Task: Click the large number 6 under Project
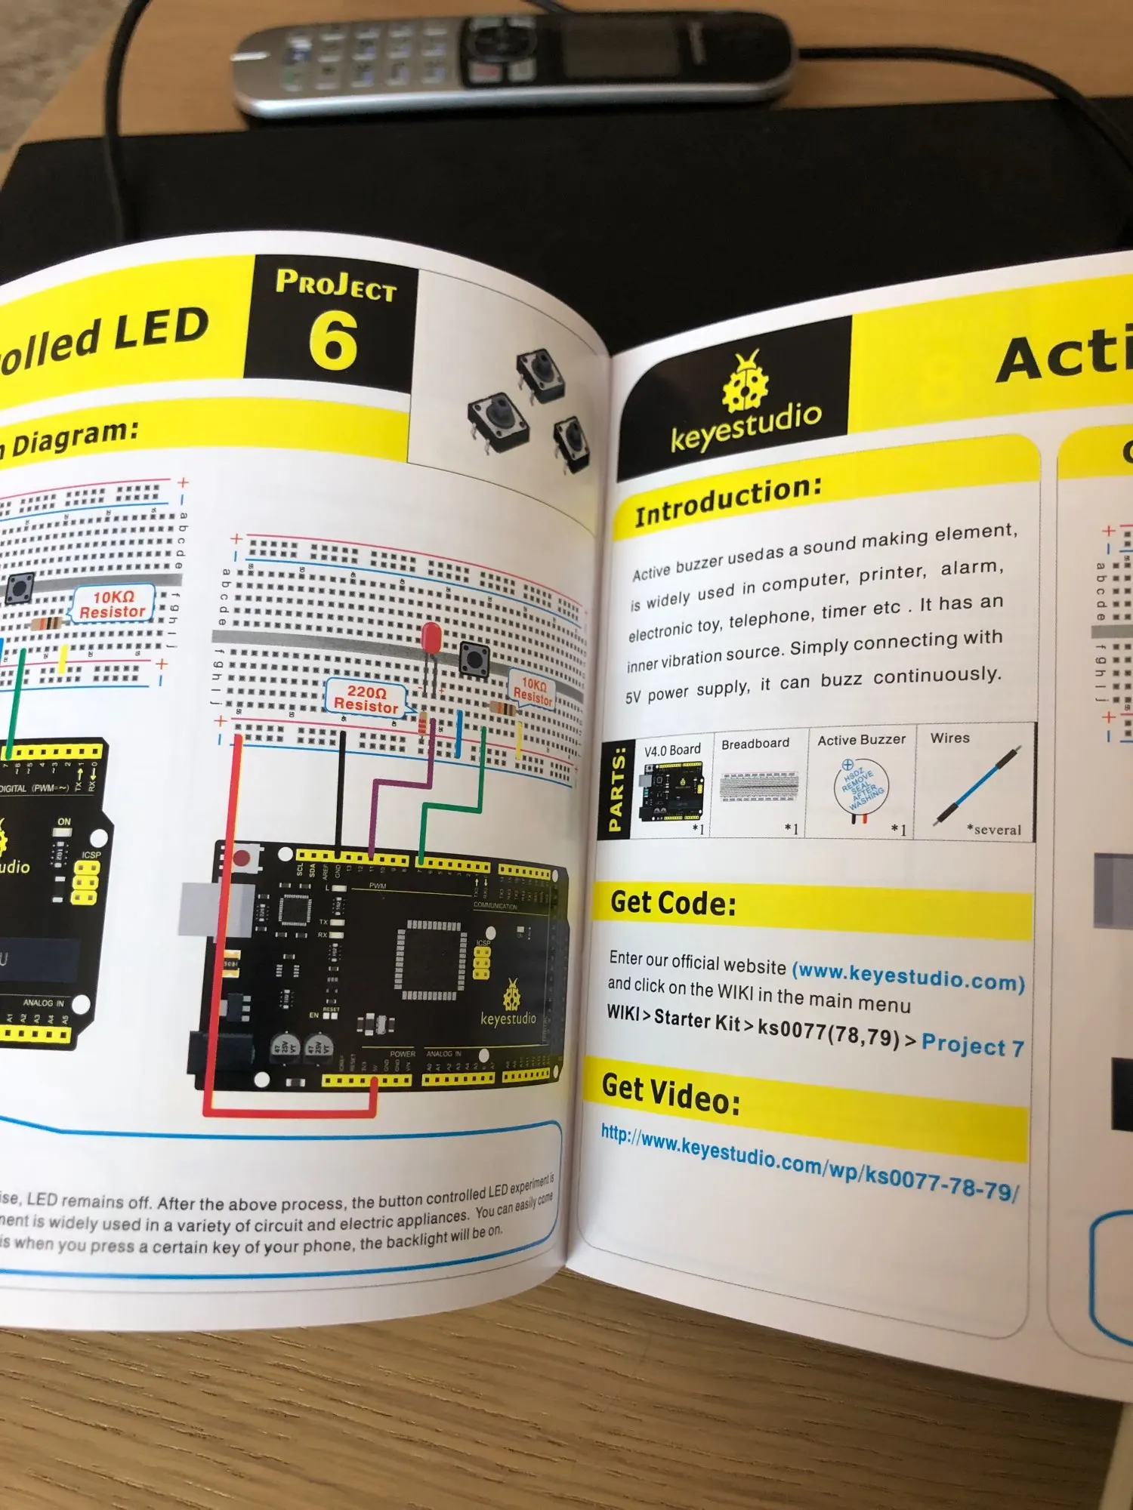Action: point(333,341)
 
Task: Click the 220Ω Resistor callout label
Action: point(366,699)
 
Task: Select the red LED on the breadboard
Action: point(431,638)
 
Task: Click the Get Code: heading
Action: point(673,903)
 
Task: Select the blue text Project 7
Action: point(973,1046)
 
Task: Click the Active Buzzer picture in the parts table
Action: point(861,789)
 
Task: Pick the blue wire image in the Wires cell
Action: point(978,785)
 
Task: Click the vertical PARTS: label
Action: point(616,790)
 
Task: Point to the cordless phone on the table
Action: point(514,60)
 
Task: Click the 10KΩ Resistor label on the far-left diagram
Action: point(113,604)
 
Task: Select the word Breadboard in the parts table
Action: point(755,744)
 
